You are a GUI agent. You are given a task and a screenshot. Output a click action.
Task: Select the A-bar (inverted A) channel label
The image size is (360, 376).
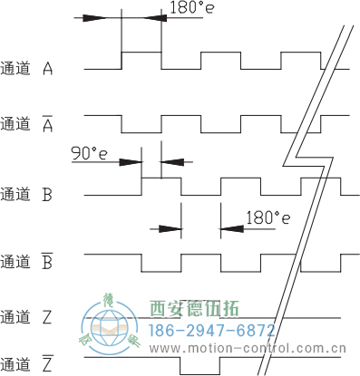pyautogui.click(x=48, y=123)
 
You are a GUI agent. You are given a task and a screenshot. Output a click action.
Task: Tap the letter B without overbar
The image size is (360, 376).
pyautogui.click(x=48, y=194)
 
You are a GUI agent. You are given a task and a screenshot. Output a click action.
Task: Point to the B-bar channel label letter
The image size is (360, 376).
pyautogui.click(x=48, y=263)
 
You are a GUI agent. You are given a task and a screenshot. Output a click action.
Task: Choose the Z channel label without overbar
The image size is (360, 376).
pyautogui.click(x=48, y=317)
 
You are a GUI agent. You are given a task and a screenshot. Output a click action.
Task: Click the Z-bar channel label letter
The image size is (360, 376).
pyautogui.click(x=48, y=365)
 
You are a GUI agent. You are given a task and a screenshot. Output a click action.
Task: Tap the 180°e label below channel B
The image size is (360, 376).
pyautogui.click(x=268, y=218)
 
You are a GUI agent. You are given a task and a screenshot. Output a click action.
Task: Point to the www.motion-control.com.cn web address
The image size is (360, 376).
pyautogui.click(x=253, y=348)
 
